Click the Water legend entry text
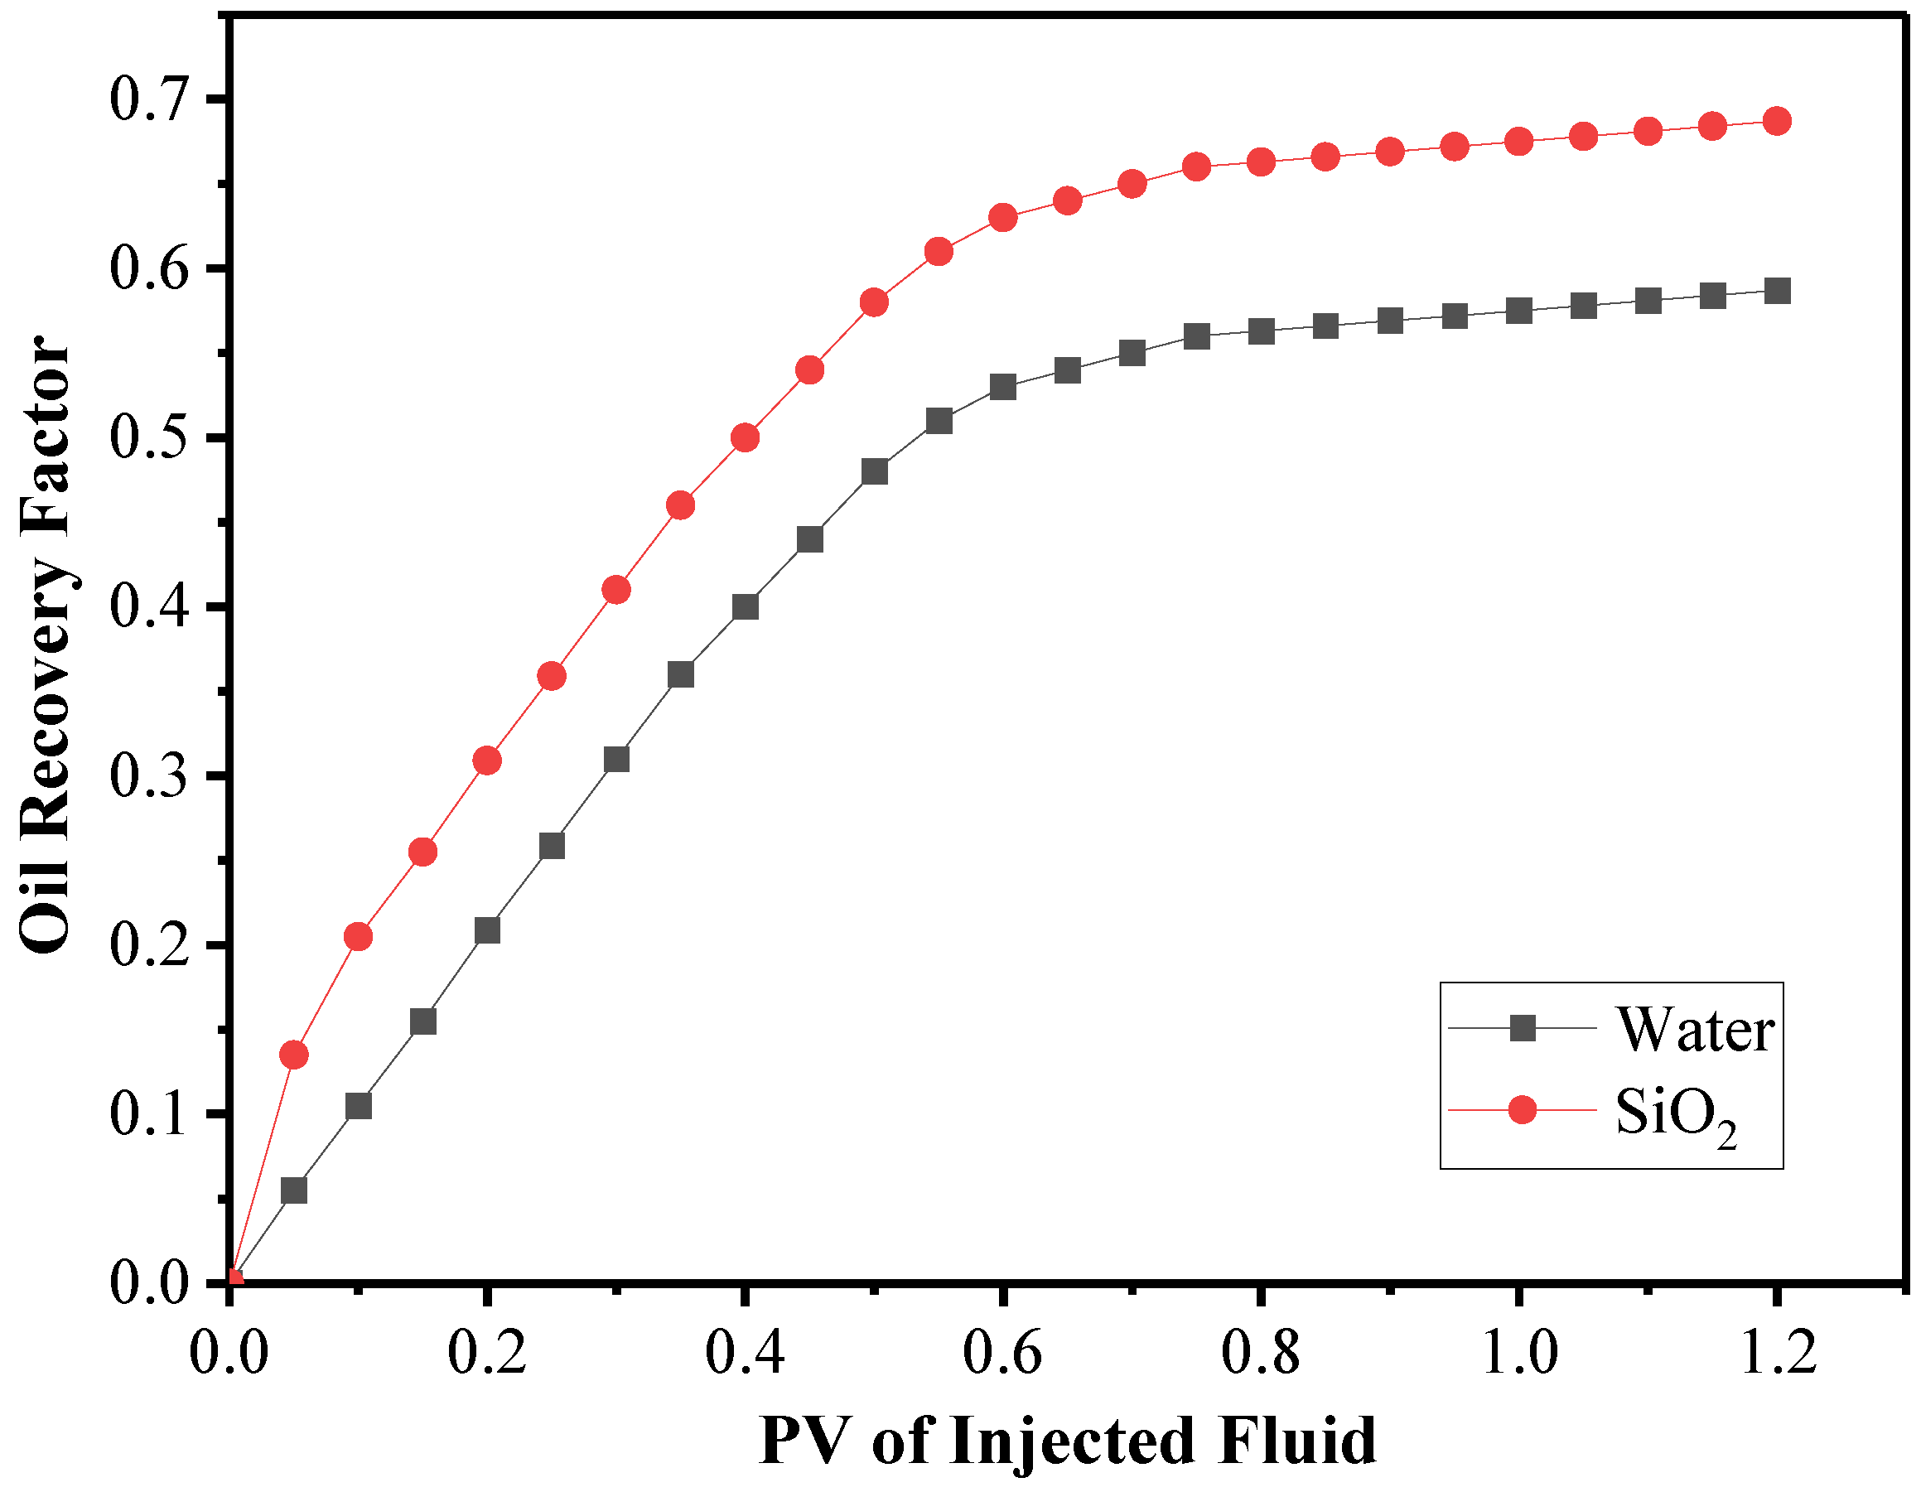(x=1694, y=1029)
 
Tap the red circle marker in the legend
(x=1522, y=1110)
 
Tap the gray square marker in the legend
(x=1522, y=1027)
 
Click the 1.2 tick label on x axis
(x=1778, y=1351)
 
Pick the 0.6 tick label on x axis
(x=1002, y=1351)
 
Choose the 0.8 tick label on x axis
(x=1261, y=1351)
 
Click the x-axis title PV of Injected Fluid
(x=1066, y=1441)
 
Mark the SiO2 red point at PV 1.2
(x=1777, y=120)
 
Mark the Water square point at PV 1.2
(x=1777, y=290)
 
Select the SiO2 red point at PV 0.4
(x=745, y=437)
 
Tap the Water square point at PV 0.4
(x=745, y=607)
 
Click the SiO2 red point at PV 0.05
(x=294, y=1055)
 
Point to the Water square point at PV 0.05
(x=294, y=1190)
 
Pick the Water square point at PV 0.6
(x=1002, y=387)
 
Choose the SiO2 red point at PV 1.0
(x=1519, y=142)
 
